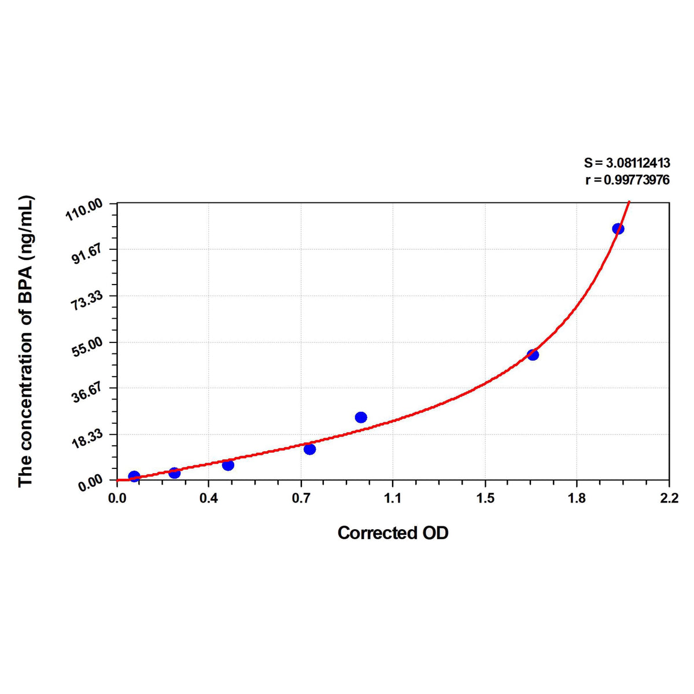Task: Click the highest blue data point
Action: [618, 228]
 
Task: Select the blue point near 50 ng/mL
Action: [533, 355]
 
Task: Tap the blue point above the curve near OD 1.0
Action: [361, 418]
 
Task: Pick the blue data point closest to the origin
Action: [134, 477]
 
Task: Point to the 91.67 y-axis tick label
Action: [87, 253]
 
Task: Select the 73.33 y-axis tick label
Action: [87, 300]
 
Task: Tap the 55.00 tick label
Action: [87, 346]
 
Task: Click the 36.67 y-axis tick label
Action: [87, 392]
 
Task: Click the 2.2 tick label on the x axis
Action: [669, 499]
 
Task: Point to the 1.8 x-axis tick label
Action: [577, 499]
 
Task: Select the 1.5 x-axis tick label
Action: [485, 499]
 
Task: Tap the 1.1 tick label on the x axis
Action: [393, 499]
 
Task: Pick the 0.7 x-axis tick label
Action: [301, 499]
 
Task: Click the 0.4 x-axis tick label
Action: [209, 499]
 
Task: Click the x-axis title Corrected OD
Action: [393, 533]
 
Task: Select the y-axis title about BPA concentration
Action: [26, 341]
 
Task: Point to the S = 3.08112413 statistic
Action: [627, 164]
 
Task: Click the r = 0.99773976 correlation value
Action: [627, 180]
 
